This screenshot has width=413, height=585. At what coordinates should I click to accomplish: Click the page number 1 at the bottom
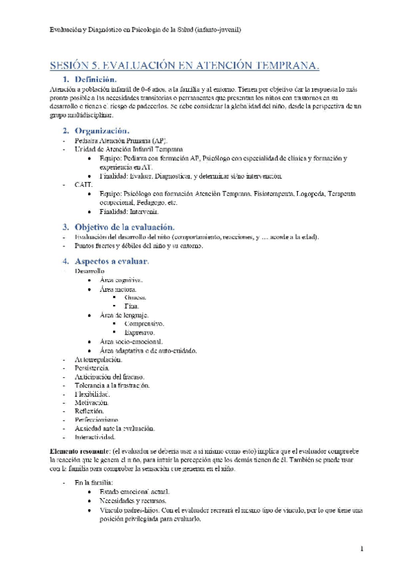[361, 548]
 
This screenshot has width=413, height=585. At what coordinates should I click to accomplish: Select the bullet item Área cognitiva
[121, 280]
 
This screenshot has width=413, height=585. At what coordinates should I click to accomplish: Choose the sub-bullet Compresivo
[144, 324]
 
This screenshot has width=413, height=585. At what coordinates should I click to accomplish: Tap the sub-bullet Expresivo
[140, 333]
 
